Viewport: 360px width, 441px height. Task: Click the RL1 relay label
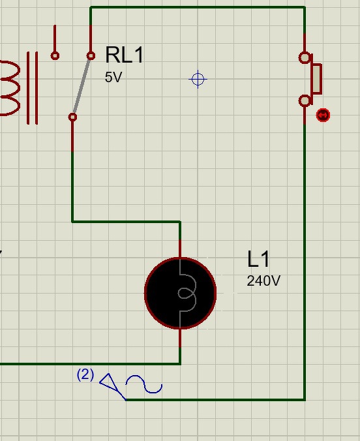tap(125, 55)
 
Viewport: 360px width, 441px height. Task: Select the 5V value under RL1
tap(113, 77)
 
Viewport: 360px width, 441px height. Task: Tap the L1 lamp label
tap(258, 259)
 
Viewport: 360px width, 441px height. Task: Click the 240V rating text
tap(263, 281)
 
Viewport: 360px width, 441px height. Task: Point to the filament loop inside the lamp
tap(187, 293)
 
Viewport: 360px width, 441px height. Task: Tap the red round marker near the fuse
tap(323, 115)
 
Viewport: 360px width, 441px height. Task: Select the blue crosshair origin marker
tap(198, 80)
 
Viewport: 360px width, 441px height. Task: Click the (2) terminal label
tap(85, 374)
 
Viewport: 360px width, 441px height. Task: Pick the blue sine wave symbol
tap(144, 384)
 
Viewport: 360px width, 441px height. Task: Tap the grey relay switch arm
tap(82, 86)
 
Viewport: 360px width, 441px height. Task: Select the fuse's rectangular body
tap(316, 79)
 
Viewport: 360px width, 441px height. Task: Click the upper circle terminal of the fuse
tap(305, 57)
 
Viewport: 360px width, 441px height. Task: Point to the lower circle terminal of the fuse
tap(305, 101)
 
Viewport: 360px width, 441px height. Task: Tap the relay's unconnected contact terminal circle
tap(55, 55)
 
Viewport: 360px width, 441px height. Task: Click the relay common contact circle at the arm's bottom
tap(72, 117)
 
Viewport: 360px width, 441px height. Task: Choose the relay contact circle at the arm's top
tap(91, 55)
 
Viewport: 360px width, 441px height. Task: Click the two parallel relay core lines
tap(33, 88)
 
